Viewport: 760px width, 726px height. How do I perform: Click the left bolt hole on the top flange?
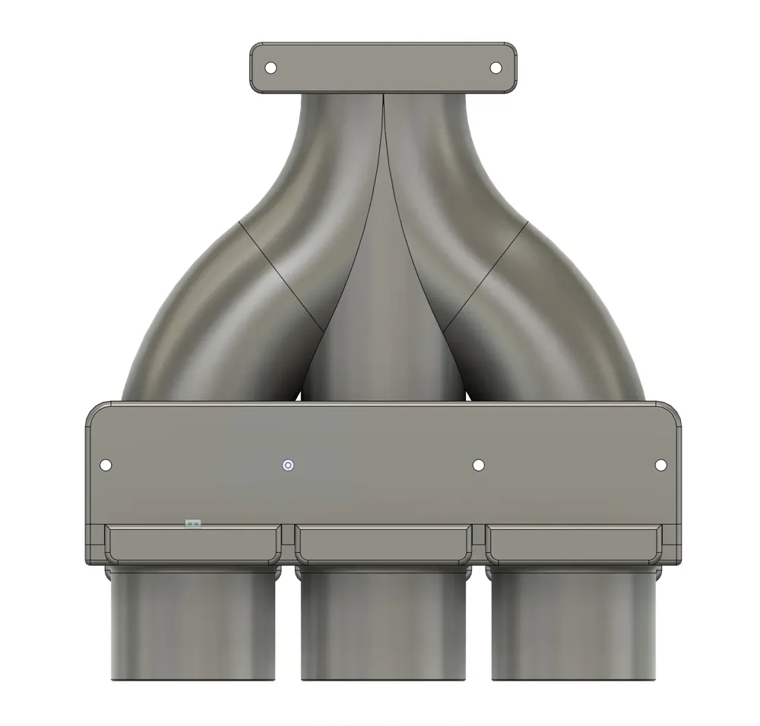click(x=271, y=68)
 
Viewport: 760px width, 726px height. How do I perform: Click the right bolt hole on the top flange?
click(x=496, y=68)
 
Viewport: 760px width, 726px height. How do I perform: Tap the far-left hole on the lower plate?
click(x=106, y=465)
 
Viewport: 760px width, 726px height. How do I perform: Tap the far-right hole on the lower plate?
click(x=660, y=465)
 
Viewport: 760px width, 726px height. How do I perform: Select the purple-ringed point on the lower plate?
click(x=287, y=466)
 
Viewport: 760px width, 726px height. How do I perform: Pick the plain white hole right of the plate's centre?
click(x=478, y=465)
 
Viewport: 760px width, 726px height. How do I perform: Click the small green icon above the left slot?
click(x=193, y=523)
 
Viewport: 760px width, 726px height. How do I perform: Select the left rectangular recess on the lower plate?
click(x=193, y=544)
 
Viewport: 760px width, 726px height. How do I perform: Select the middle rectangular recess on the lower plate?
click(x=383, y=544)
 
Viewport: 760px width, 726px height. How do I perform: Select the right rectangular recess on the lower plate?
click(x=573, y=544)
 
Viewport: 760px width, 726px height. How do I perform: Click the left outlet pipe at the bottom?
click(x=193, y=627)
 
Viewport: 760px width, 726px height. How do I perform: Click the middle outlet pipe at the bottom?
click(x=383, y=627)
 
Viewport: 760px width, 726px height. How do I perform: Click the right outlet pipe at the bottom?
click(x=573, y=627)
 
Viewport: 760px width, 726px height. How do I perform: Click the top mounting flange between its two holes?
click(x=383, y=68)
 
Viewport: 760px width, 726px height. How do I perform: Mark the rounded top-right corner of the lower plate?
click(x=672, y=412)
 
